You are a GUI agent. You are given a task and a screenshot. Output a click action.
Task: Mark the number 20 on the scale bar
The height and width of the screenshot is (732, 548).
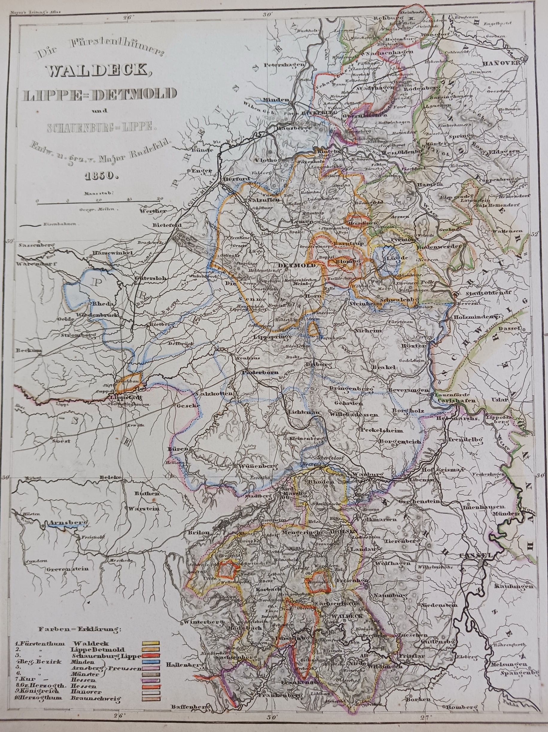[x=161, y=199]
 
